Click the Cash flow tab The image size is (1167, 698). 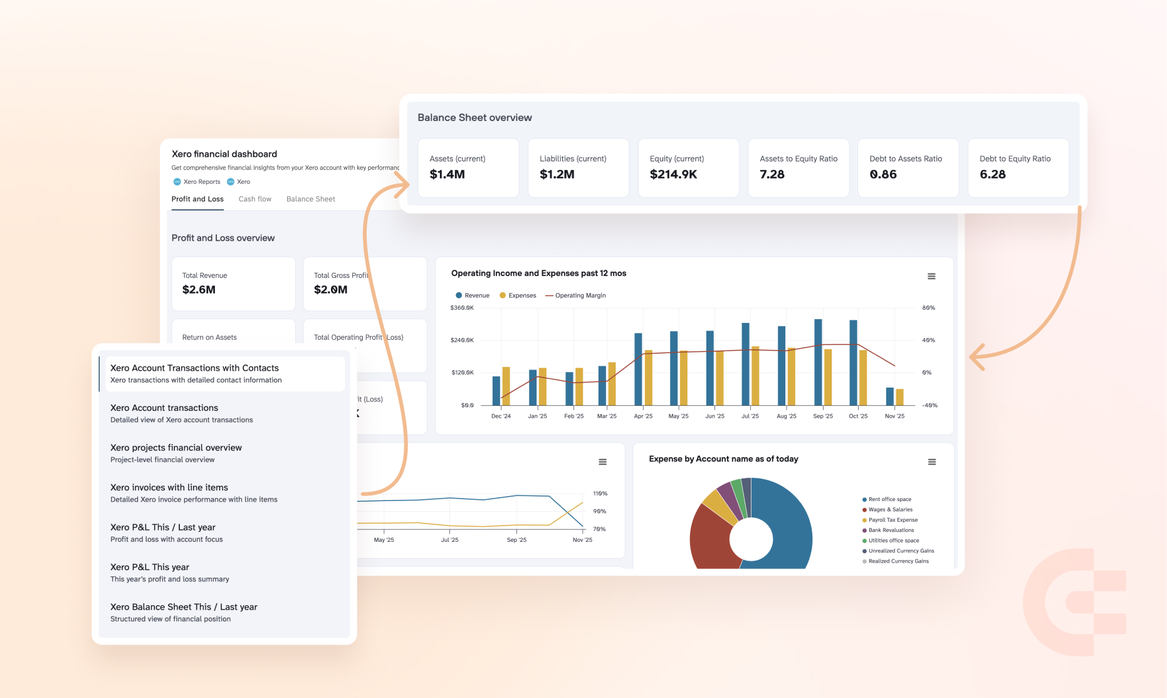[x=254, y=199]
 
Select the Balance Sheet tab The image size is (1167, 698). [x=310, y=199]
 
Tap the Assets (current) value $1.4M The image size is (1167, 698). [x=447, y=174]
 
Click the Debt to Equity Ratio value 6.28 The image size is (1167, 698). [x=992, y=174]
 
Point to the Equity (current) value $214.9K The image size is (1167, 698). [x=673, y=174]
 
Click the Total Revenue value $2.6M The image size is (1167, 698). [x=199, y=290]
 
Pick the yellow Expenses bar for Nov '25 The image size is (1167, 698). [x=899, y=397]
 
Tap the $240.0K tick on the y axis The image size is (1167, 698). [x=462, y=340]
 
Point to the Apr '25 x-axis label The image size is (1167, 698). [x=643, y=416]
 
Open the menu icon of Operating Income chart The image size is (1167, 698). [x=931, y=277]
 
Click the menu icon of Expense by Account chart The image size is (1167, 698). [x=932, y=462]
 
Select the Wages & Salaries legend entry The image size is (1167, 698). [x=890, y=510]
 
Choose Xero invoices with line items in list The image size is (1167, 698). [x=169, y=487]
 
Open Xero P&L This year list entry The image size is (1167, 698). [x=150, y=567]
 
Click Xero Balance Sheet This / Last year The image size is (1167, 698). [x=184, y=607]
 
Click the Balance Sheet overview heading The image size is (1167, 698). [x=474, y=118]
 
